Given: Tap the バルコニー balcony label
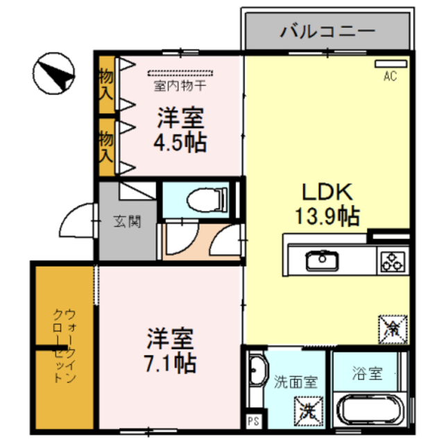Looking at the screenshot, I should pyautogui.click(x=327, y=31).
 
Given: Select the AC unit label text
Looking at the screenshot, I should pyautogui.click(x=390, y=77).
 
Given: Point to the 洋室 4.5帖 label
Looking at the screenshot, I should pyautogui.click(x=179, y=130).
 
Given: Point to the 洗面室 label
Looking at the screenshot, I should pyautogui.click(x=296, y=380).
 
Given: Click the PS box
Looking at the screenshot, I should pyautogui.click(x=253, y=420).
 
